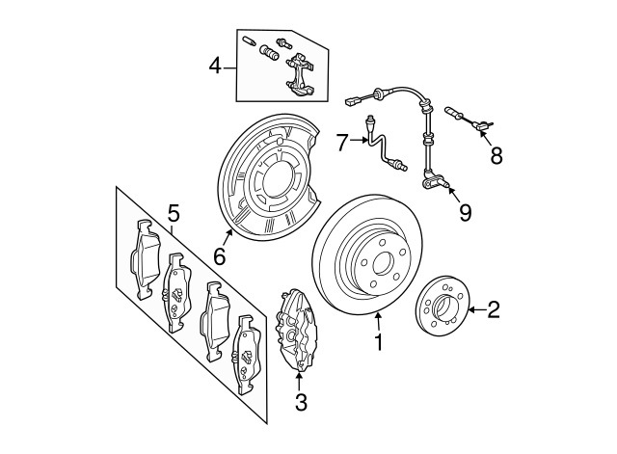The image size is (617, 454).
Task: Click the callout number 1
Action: (379, 342)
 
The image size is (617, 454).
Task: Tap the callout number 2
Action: (494, 309)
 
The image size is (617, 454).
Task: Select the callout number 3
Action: (301, 403)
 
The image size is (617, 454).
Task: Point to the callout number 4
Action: (215, 66)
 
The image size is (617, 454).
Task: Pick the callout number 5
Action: (174, 214)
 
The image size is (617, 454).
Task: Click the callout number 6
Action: (220, 257)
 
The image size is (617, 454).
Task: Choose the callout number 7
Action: (342, 142)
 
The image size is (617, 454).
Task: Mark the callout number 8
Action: (496, 156)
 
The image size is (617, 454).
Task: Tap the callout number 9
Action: (465, 213)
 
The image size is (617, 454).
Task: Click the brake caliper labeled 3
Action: (296, 330)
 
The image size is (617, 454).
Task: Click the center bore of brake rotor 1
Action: (383, 263)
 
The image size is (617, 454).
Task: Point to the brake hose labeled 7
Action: (385, 147)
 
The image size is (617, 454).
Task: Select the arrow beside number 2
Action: (477, 310)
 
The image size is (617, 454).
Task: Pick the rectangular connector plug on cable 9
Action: (351, 102)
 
